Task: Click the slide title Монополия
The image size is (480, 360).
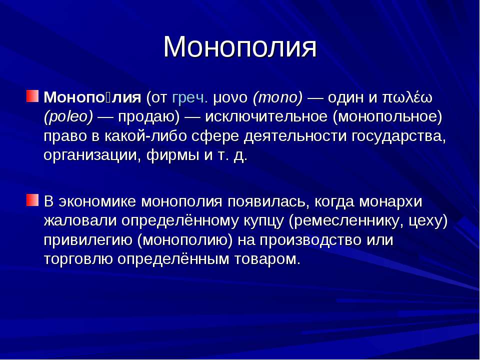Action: coord(240,47)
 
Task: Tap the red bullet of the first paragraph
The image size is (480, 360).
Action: coord(32,96)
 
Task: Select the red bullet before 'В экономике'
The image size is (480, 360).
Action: coord(32,200)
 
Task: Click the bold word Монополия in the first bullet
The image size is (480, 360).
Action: coord(92,97)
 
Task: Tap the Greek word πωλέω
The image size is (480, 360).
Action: coord(407,97)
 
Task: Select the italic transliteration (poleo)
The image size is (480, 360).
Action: coord(68,117)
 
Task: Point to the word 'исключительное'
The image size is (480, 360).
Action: coord(266,117)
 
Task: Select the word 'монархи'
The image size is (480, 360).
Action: coord(390,201)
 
